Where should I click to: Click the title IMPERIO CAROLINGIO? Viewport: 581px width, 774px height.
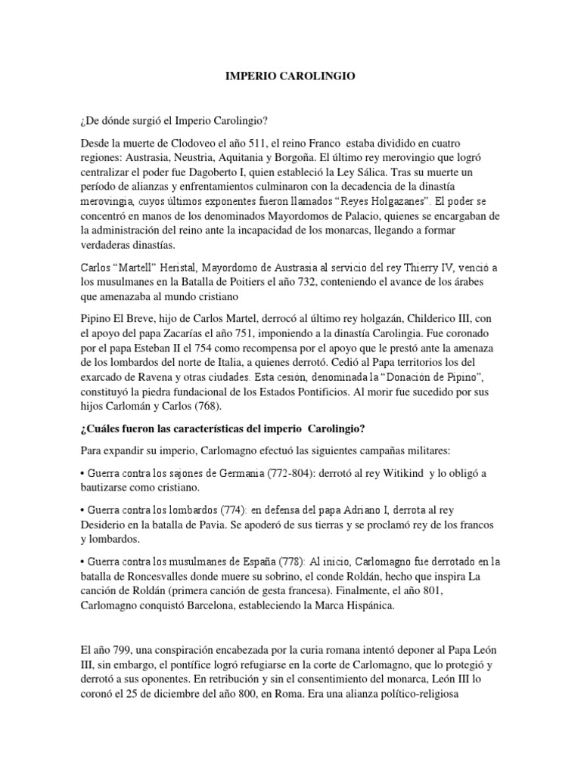[290, 76]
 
